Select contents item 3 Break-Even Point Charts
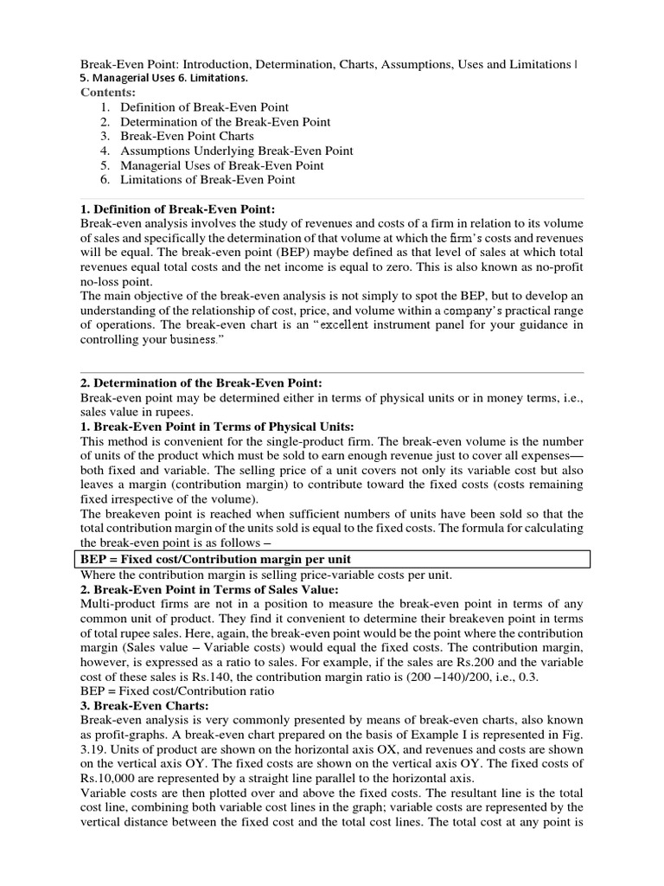pyautogui.click(x=187, y=136)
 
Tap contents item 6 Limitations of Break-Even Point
pyautogui.click(x=207, y=179)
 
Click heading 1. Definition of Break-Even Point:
pyautogui.click(x=177, y=209)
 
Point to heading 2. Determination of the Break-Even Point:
pyautogui.click(x=201, y=382)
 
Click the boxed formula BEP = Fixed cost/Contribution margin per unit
pyautogui.click(x=215, y=559)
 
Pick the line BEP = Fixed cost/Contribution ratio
pyautogui.click(x=177, y=691)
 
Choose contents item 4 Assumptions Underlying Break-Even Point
pyautogui.click(x=236, y=151)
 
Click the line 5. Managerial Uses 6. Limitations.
pyautogui.click(x=164, y=78)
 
